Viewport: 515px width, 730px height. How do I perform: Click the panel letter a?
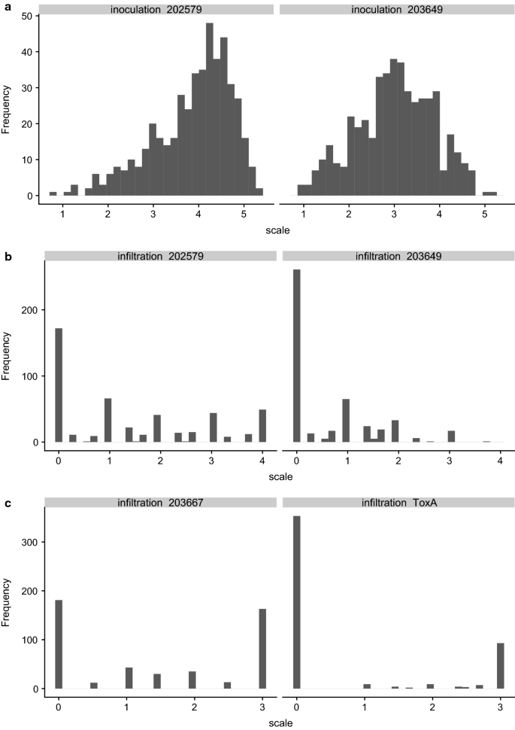6,6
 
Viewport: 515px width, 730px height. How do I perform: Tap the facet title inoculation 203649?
395,9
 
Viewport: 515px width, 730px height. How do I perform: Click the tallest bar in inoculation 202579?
210,113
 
